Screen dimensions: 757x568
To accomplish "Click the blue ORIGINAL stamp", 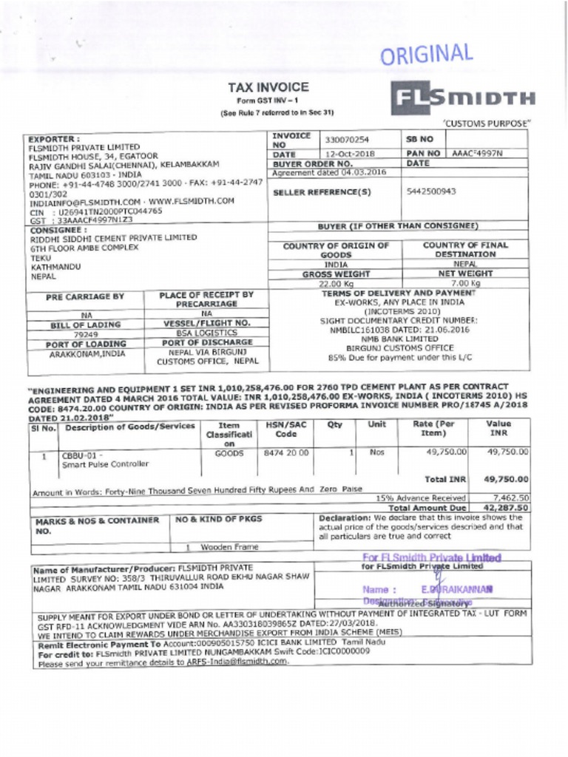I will point(426,56).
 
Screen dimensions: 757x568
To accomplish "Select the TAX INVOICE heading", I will point(268,86).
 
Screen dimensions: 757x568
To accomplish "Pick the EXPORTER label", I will point(53,138).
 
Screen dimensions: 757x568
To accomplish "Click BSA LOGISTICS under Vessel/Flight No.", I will point(205,334).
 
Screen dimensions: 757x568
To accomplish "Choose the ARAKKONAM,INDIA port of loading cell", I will point(87,354).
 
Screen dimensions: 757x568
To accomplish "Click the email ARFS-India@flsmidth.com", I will point(234,662).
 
